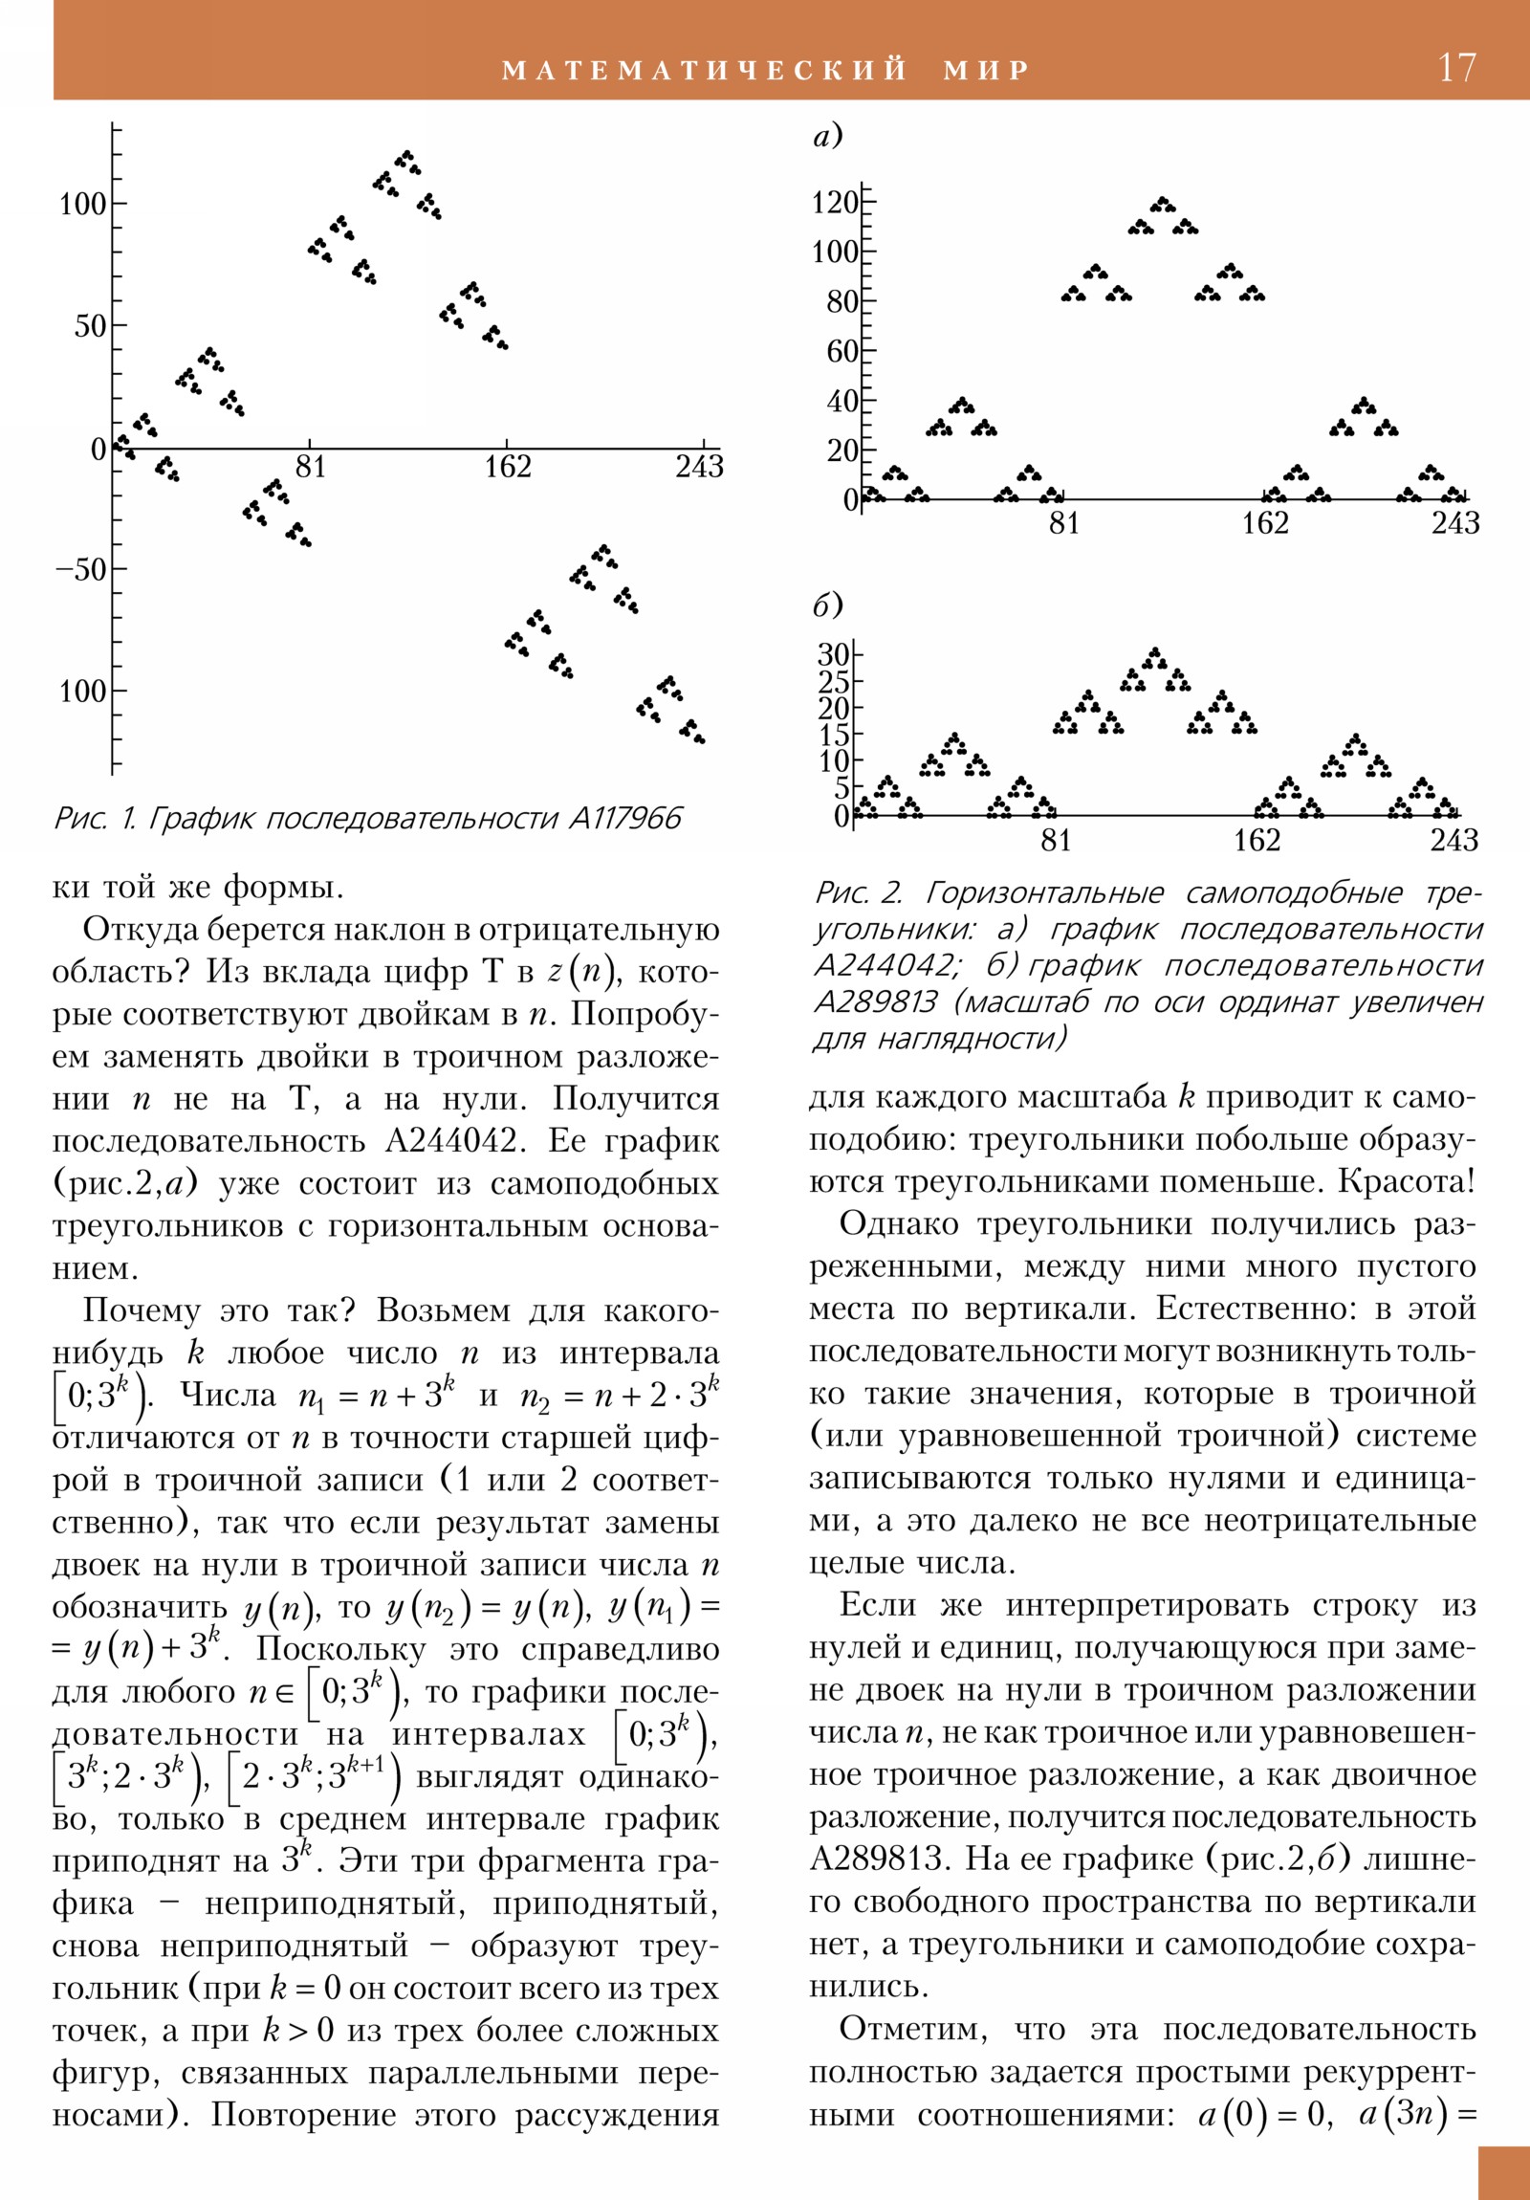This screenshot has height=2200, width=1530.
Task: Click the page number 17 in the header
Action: point(1457,68)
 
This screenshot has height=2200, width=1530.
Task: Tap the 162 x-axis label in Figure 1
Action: point(507,467)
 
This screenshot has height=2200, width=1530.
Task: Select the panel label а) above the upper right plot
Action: point(828,137)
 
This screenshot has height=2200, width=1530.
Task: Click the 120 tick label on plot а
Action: point(836,203)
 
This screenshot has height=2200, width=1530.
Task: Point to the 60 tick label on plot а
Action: point(842,352)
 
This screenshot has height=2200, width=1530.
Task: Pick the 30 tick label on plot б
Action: point(833,655)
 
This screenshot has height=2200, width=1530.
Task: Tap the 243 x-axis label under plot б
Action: point(1453,841)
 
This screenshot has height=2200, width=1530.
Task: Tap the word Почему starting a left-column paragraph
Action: point(142,1310)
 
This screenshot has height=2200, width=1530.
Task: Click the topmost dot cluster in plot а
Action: point(1163,204)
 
